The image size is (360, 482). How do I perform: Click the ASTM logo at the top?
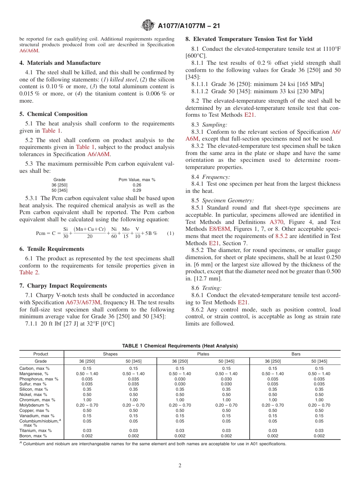(147, 25)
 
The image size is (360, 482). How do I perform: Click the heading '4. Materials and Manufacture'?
(60, 63)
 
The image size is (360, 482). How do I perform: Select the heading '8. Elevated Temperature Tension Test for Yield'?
(249, 39)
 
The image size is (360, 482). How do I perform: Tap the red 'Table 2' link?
(29, 272)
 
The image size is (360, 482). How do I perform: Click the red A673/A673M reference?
(83, 302)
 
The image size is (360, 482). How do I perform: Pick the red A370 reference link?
(276, 222)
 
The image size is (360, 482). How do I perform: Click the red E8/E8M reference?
(219, 229)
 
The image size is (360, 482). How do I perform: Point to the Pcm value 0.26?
(137, 185)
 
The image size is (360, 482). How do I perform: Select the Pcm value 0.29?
(137, 190)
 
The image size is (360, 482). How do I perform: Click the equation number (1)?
(171, 233)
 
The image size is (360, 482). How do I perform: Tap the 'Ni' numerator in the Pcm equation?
(114, 229)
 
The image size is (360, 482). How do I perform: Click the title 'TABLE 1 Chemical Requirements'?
(180, 346)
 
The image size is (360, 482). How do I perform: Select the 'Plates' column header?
(203, 354)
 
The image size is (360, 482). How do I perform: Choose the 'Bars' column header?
(296, 354)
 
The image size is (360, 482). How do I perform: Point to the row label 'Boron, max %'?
(33, 436)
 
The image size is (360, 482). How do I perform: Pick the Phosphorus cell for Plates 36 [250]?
(180, 379)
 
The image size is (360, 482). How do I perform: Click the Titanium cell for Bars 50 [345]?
(319, 430)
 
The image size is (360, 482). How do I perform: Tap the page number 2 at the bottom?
(180, 466)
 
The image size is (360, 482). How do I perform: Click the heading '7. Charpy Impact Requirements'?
(63, 286)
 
